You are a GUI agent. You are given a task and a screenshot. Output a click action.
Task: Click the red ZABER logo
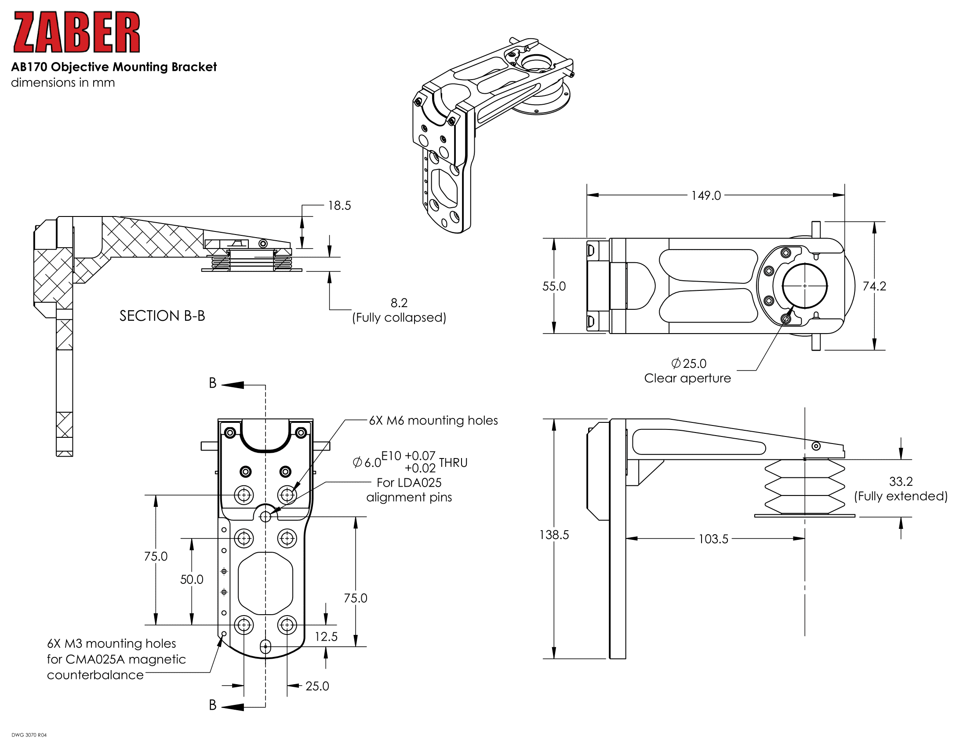pos(76,32)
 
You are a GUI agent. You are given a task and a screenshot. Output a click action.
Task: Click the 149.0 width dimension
pos(706,195)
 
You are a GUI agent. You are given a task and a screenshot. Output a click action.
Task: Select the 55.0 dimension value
pos(554,286)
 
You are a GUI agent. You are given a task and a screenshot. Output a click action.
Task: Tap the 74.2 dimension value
pos(874,286)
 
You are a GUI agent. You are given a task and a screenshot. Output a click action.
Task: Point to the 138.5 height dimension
pos(554,535)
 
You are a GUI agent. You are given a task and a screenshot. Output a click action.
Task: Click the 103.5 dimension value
pos(713,539)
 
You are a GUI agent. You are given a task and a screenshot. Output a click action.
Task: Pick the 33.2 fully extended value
pos(901,481)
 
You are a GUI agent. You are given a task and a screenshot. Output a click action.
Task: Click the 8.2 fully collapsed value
pos(399,303)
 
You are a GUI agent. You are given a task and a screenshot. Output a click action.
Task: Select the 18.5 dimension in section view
pos(339,205)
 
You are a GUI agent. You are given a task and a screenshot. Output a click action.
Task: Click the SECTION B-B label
pos(162,316)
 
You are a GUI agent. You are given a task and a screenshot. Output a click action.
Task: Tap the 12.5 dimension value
pos(326,637)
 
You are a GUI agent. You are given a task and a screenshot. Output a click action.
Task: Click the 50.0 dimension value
pos(191,579)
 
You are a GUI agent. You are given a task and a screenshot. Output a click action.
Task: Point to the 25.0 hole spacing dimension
pos(317,686)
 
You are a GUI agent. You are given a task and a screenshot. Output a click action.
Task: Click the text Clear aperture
pos(687,378)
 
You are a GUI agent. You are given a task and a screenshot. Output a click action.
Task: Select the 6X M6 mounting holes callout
pos(433,420)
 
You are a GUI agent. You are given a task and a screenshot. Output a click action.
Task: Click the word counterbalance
pos(95,675)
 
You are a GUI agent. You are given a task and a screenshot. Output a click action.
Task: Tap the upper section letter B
pos(213,383)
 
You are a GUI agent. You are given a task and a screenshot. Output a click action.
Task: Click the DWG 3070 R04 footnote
pos(29,735)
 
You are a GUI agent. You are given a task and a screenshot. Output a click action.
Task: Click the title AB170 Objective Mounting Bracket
pos(114,67)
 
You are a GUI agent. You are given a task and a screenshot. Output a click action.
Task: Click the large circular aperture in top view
pos(804,286)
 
